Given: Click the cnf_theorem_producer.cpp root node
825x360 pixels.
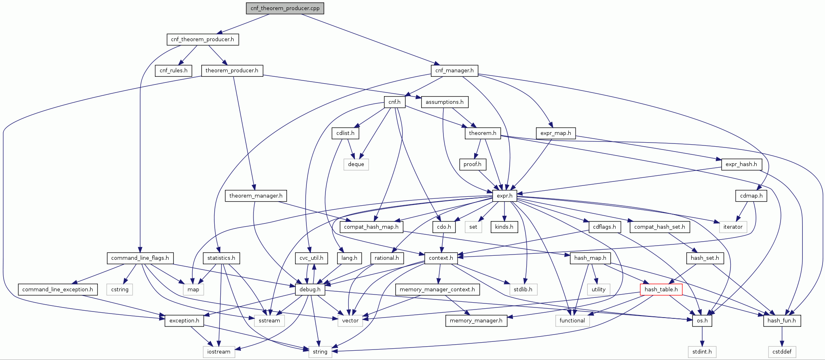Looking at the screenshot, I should pyautogui.click(x=285, y=8).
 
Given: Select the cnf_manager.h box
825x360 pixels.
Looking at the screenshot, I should pyautogui.click(x=454, y=70).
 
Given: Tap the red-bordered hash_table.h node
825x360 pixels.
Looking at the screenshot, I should pyautogui.click(x=661, y=289).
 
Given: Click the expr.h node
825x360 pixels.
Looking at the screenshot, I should pyautogui.click(x=504, y=196).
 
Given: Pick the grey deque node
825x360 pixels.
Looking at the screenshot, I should pyautogui.click(x=356, y=164).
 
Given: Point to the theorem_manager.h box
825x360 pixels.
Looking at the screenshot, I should pyautogui.click(x=256, y=196).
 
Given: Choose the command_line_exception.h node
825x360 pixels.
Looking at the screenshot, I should pyautogui.click(x=57, y=289).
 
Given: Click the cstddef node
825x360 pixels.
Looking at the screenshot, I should pyautogui.click(x=782, y=352).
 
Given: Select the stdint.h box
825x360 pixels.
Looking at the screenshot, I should pyautogui.click(x=702, y=352).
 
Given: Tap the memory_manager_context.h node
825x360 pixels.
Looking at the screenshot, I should pyautogui.click(x=437, y=289).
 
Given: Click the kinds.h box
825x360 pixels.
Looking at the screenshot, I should pyautogui.click(x=504, y=227).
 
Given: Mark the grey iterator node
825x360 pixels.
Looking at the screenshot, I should pyautogui.click(x=733, y=227).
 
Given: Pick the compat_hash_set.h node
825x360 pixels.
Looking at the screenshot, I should pyautogui.click(x=659, y=227).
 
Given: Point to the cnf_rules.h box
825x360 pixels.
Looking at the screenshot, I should pyautogui.click(x=173, y=70).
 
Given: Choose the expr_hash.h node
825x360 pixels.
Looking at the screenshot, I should pyautogui.click(x=741, y=164).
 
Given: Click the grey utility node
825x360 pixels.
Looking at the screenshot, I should pyautogui.click(x=598, y=289).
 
